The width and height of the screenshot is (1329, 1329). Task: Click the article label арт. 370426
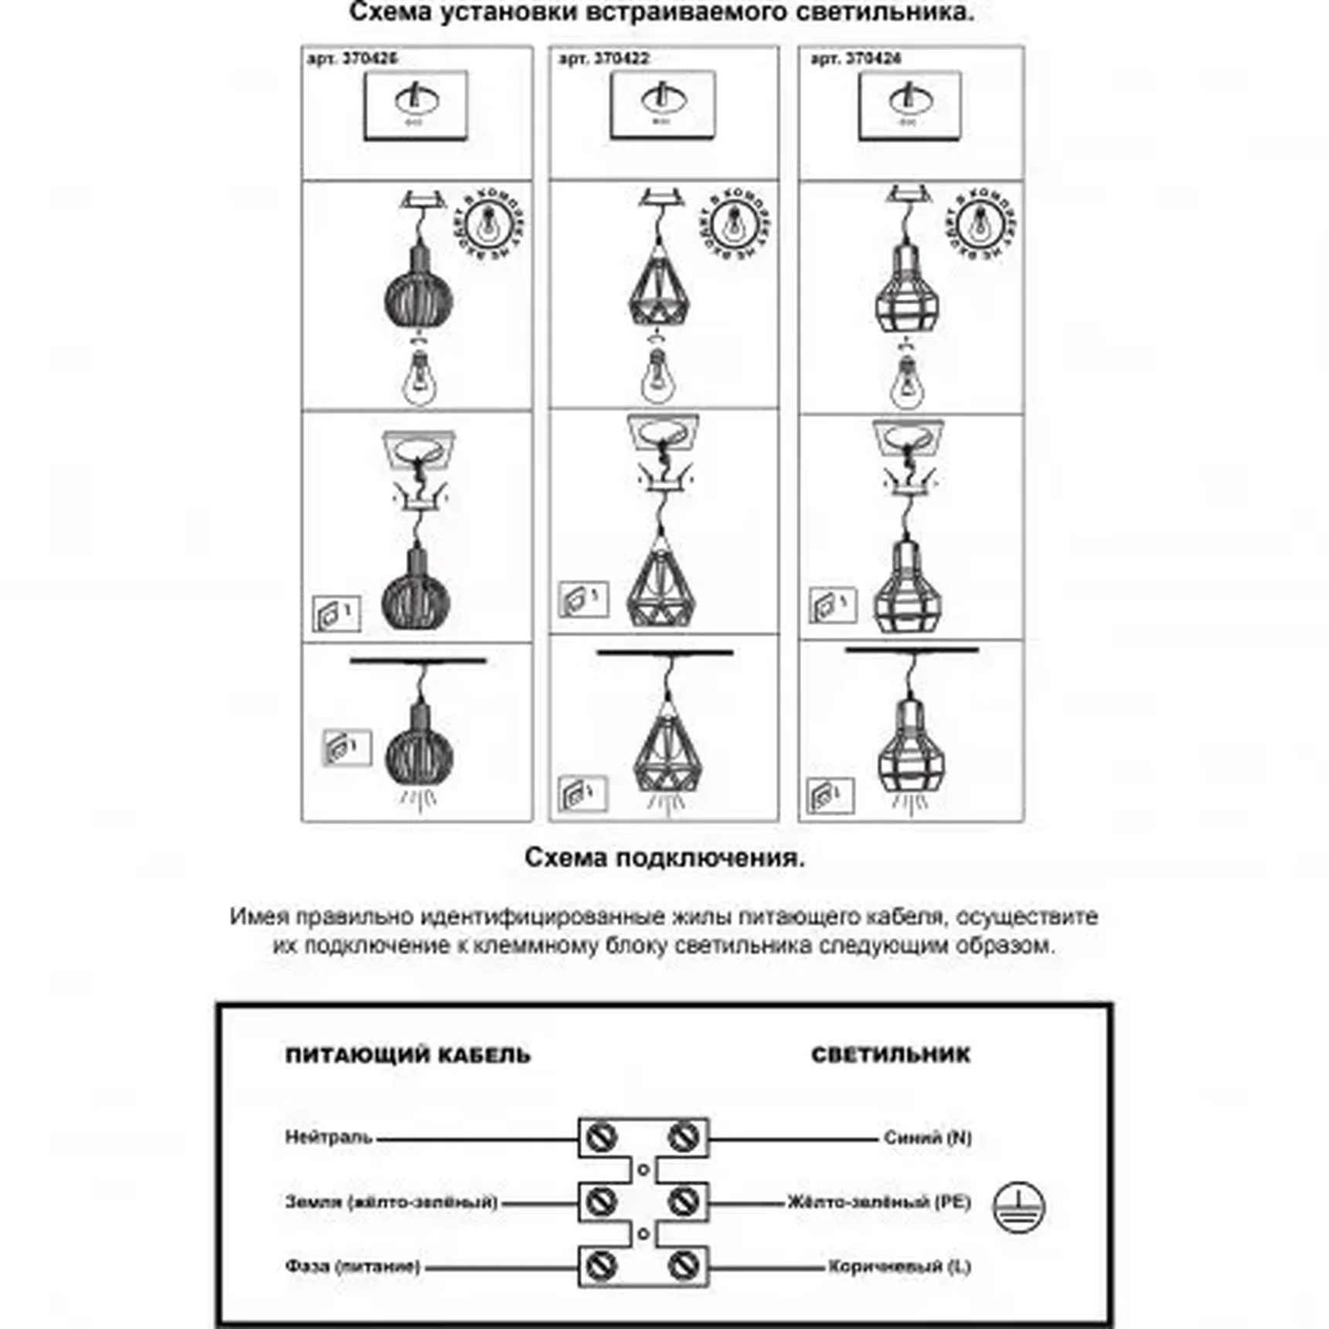[x=352, y=59]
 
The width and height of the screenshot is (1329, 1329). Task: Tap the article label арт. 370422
[x=603, y=59]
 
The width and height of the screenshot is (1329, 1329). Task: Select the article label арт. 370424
[x=855, y=59]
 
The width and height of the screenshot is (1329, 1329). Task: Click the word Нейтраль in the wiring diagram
[x=328, y=1137]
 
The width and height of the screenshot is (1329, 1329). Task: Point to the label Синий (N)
[x=927, y=1137]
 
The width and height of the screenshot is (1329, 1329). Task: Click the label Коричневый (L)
[x=899, y=1266]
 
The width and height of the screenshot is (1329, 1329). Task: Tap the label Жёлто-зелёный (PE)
[x=879, y=1202]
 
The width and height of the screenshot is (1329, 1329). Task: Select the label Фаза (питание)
[x=352, y=1266]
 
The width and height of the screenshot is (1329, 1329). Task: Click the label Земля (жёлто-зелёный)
[x=391, y=1202]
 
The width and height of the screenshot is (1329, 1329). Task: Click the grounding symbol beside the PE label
[x=1018, y=1207]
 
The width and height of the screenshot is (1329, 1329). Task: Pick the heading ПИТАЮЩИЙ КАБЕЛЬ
[x=408, y=1055]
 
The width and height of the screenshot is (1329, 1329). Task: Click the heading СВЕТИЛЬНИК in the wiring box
[x=890, y=1055]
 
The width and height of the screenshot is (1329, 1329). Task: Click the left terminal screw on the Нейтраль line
[x=601, y=1137]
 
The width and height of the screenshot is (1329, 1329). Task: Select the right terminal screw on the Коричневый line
[x=683, y=1266]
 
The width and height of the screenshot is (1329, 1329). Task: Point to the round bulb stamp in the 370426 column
[x=488, y=223]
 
